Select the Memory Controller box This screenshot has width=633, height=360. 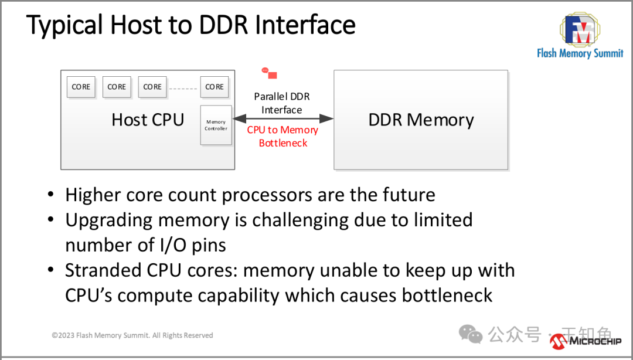[216, 125]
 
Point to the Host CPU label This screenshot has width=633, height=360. [148, 120]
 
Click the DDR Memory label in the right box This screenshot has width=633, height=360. [421, 120]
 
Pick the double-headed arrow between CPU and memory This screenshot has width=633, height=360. [283, 119]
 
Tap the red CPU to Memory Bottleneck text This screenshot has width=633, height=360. [283, 136]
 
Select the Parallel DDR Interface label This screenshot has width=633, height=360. [282, 103]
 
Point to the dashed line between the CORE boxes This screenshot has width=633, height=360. [183, 89]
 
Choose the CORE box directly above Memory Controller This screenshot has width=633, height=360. [215, 87]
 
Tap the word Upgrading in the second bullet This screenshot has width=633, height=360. [110, 220]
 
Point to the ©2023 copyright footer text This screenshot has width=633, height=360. [132, 335]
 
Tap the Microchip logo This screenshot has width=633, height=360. [586, 340]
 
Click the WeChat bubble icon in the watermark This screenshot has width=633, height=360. [471, 334]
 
